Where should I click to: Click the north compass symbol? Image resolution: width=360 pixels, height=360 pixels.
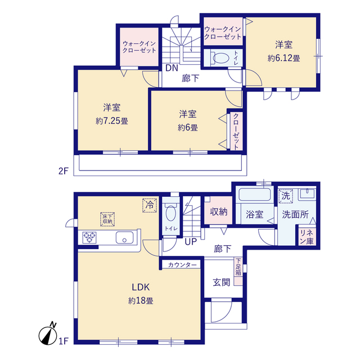(x=50, y=334)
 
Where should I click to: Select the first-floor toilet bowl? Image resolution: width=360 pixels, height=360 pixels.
(x=172, y=214)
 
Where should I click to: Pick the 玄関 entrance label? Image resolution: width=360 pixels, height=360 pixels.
(x=220, y=282)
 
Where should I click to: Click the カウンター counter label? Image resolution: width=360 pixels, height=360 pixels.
(x=182, y=264)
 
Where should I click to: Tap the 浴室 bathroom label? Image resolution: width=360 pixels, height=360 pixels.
(x=255, y=214)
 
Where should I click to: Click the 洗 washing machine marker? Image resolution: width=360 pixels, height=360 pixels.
(x=285, y=196)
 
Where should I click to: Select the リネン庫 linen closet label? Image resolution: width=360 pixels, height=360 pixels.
(x=307, y=237)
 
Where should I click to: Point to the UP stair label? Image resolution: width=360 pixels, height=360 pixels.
(x=190, y=242)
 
